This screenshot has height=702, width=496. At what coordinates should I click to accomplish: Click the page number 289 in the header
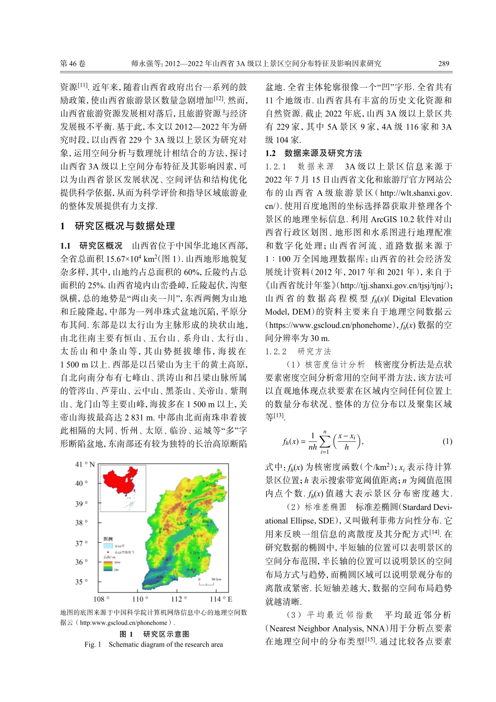coord(443,64)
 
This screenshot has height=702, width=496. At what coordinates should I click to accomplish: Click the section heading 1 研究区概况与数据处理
coord(117,226)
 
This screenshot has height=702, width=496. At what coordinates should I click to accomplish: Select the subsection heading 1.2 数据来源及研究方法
coord(313,153)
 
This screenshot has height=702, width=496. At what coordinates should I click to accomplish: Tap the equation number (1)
coord(447,441)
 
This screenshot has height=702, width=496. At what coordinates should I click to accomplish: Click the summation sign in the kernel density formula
coord(325,442)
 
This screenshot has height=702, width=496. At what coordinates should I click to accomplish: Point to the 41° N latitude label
coord(85,464)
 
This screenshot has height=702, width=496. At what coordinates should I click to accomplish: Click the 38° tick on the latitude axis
coord(81,522)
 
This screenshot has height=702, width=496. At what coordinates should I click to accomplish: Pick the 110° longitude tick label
coord(140,599)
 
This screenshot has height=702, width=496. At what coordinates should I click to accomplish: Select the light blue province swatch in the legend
coord(108,546)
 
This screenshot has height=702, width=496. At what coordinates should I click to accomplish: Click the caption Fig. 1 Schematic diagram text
coord(153,645)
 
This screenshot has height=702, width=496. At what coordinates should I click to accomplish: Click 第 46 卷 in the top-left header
coord(73,64)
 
